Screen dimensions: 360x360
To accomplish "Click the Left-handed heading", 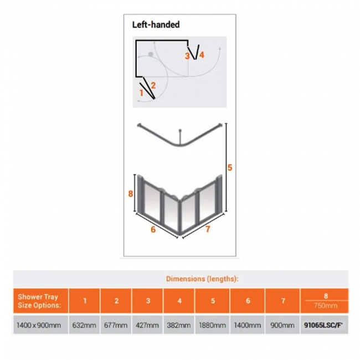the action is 156,24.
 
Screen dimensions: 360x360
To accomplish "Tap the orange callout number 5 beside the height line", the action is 230,168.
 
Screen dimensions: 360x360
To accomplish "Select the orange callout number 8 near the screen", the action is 131,194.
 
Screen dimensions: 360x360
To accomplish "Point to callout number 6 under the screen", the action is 153,229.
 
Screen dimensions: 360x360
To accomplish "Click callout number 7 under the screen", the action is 208,229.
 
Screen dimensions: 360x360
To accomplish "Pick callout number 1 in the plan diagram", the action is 141,93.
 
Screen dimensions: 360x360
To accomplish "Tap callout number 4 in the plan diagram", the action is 202,55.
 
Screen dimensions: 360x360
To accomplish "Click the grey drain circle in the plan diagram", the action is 151,54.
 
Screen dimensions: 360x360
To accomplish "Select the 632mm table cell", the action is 84,325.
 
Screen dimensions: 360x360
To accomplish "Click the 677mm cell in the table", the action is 116,325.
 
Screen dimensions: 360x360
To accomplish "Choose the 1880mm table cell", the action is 212,325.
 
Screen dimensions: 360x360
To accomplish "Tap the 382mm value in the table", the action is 179,325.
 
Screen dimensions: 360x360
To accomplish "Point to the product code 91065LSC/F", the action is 323,325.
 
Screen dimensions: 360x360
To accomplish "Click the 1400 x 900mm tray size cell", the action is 39,325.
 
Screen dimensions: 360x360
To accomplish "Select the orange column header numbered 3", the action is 148,301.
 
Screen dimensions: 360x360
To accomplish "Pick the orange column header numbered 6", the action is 248,301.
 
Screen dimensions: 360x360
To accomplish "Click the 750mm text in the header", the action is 326,306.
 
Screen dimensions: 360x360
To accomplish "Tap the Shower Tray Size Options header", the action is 39,301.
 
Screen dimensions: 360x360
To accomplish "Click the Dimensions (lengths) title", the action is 202,279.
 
